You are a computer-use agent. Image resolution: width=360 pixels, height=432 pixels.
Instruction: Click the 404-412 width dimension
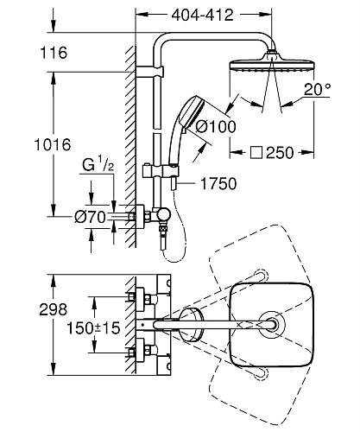[x=202, y=15]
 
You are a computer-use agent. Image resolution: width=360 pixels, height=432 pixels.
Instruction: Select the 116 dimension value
[x=54, y=53]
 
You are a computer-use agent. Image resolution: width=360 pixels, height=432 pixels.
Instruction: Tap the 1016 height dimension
[x=53, y=144]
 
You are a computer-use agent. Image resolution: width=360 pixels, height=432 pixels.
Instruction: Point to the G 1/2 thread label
[x=98, y=164]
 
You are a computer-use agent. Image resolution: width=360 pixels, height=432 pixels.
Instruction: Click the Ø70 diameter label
[x=90, y=217]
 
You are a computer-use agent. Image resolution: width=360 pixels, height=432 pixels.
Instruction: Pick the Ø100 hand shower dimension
[x=216, y=126]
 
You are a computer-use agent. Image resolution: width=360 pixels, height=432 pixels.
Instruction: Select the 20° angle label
[x=318, y=89]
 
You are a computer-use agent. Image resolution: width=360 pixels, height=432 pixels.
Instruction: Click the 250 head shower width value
[x=280, y=153]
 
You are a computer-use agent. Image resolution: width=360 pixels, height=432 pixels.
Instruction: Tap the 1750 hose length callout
[x=218, y=183]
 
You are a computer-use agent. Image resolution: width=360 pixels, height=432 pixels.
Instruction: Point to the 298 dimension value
[x=54, y=309]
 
